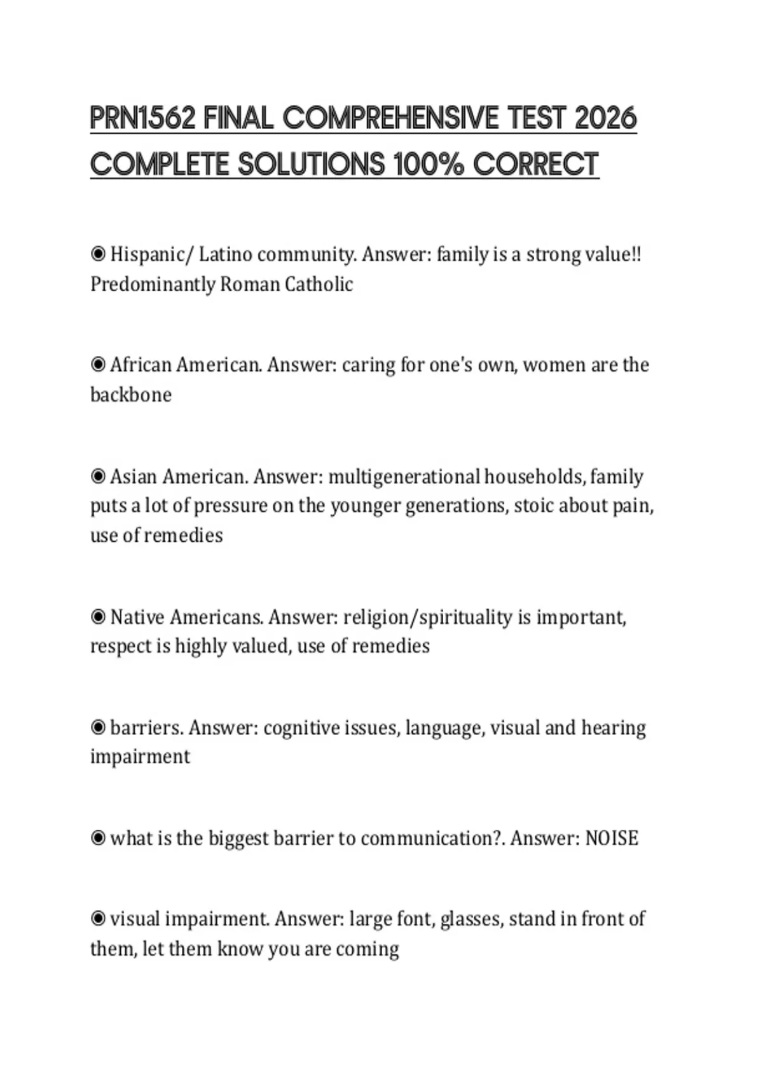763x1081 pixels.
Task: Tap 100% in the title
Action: click(429, 165)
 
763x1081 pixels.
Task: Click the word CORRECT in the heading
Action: click(535, 165)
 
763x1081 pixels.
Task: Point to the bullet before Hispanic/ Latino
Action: click(98, 255)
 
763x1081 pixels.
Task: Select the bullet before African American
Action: click(98, 365)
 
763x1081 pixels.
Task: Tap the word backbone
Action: click(131, 395)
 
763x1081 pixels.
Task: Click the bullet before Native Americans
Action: click(98, 617)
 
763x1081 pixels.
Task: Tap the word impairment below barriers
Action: click(140, 757)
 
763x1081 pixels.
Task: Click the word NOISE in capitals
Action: click(611, 838)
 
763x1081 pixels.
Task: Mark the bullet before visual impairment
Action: click(98, 919)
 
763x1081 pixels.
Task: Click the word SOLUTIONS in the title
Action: click(312, 165)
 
